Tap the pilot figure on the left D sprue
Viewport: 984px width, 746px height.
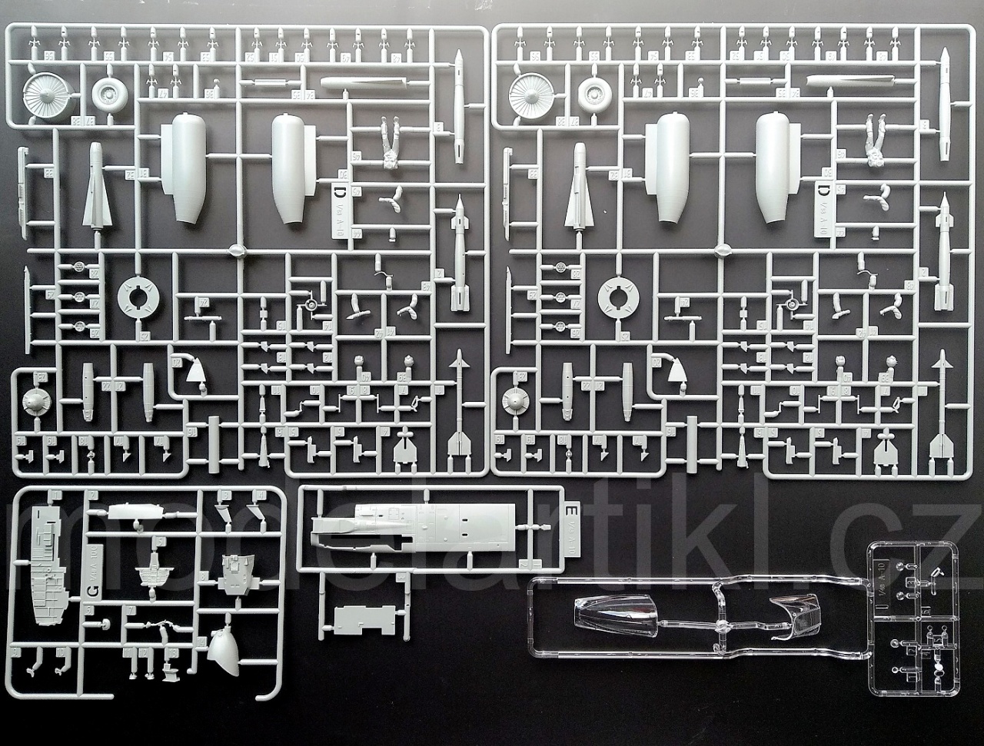pos(391,144)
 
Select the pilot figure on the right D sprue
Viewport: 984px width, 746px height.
pos(875,143)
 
